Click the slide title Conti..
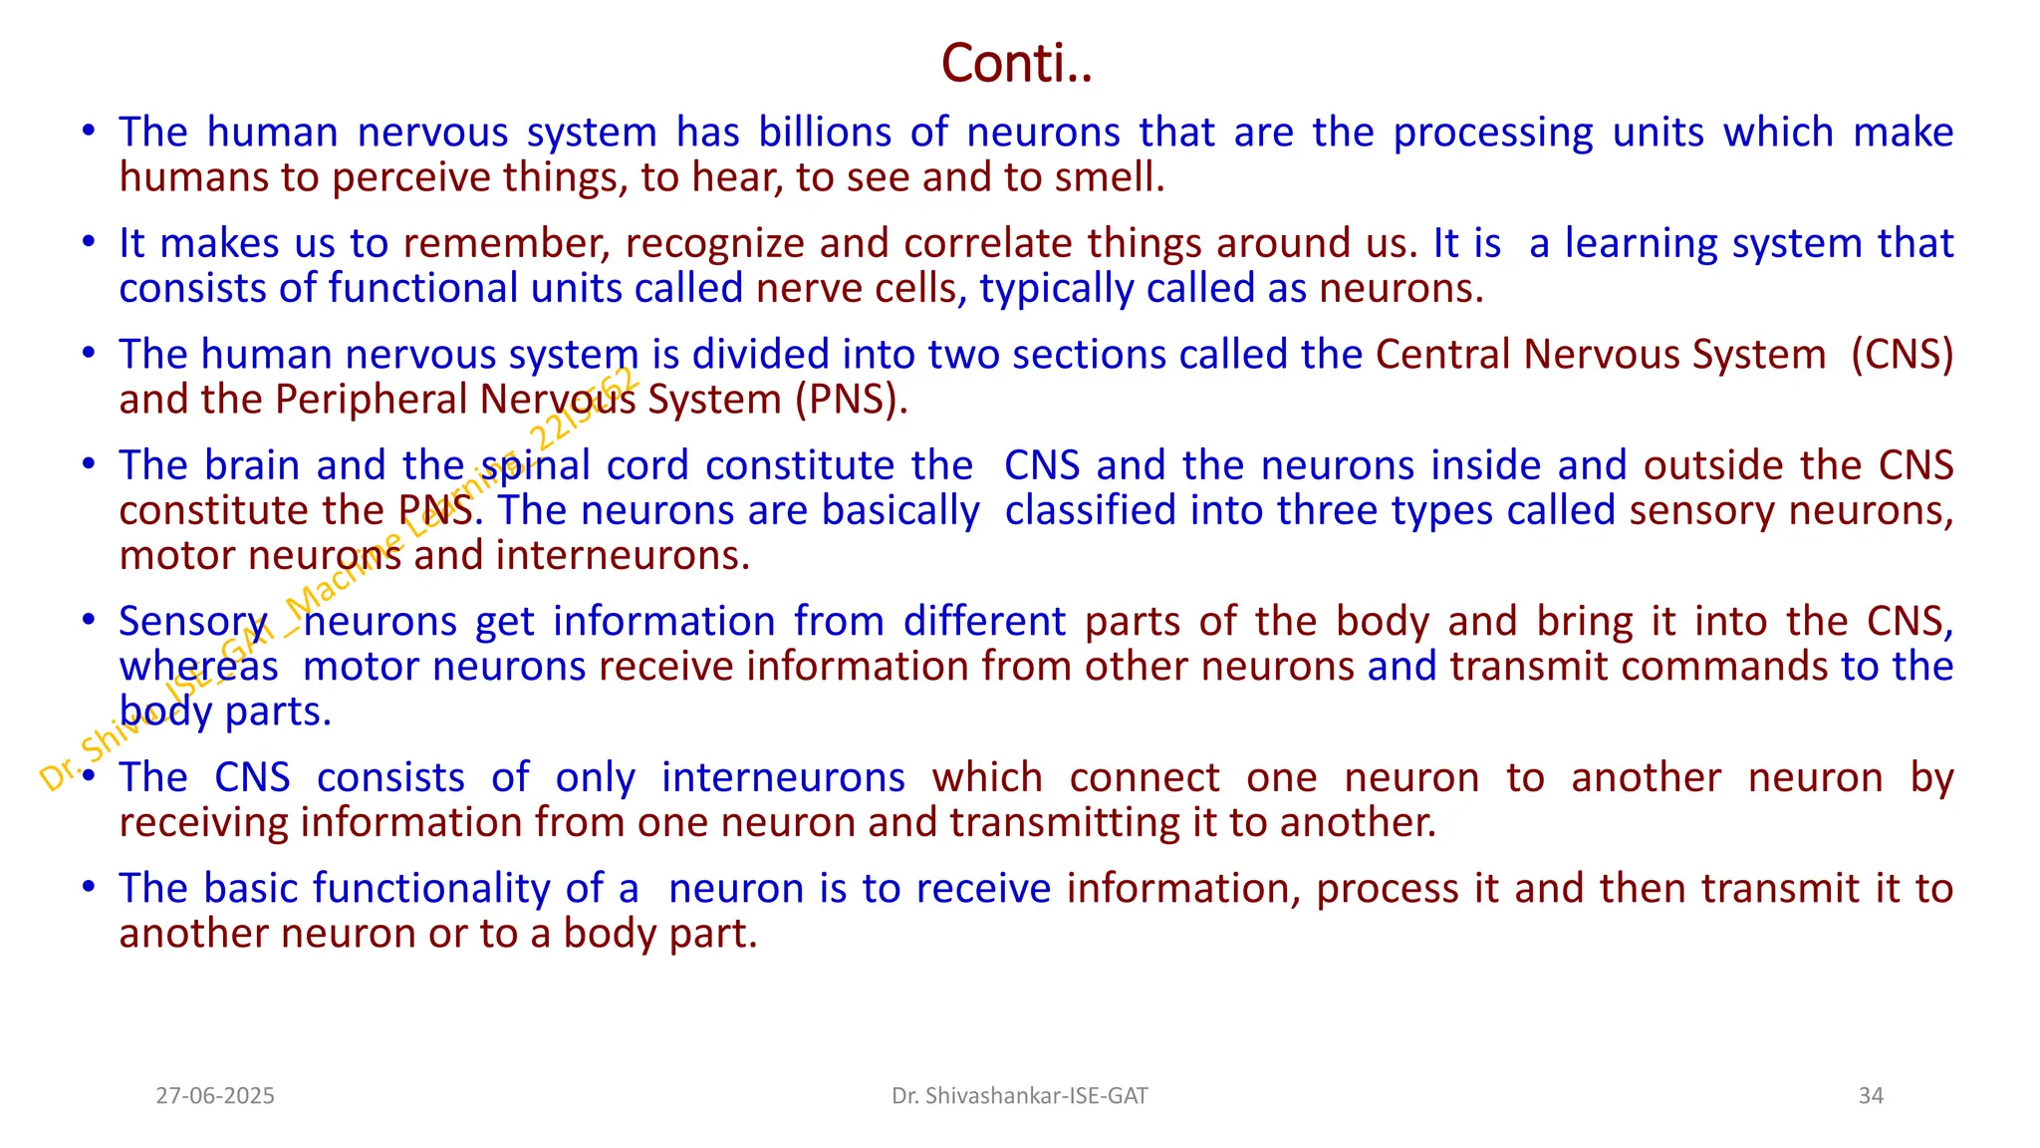tap(1016, 64)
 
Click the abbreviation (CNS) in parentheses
tap(1902, 354)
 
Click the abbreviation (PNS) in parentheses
tap(851, 400)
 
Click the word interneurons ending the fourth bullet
tap(622, 555)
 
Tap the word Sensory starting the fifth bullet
tap(193, 622)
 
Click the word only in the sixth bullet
tap(595, 777)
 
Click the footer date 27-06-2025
tap(215, 1096)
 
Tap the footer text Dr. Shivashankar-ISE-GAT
tap(1019, 1096)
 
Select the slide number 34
tap(1871, 1096)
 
